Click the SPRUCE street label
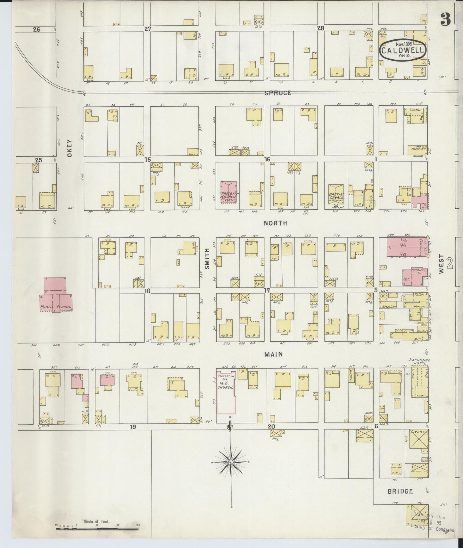pyautogui.click(x=278, y=93)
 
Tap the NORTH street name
pyautogui.click(x=275, y=223)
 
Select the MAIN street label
pyautogui.click(x=273, y=354)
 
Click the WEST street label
pyautogui.click(x=442, y=264)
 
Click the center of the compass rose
pyautogui.click(x=230, y=462)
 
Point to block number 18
pyautogui.click(x=147, y=291)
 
